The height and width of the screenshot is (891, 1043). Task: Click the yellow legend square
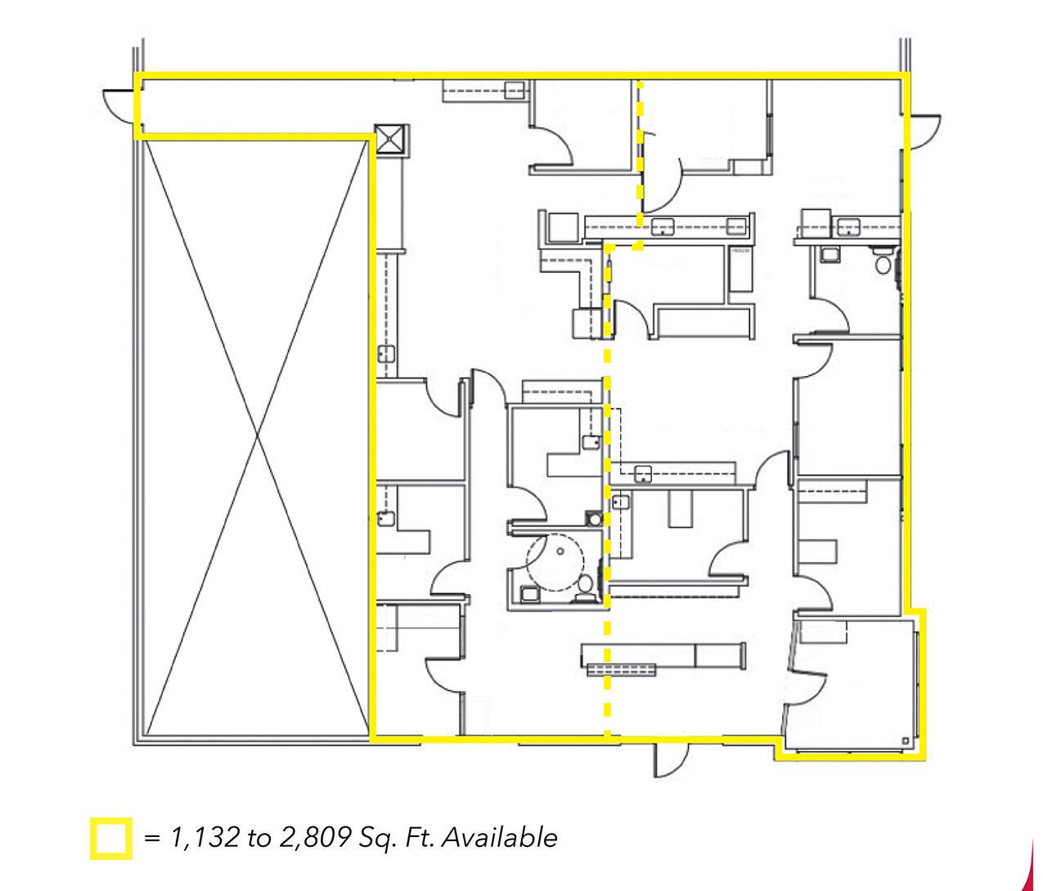coord(110,838)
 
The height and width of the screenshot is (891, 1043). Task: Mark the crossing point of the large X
coord(259,437)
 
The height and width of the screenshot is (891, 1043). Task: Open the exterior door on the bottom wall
coord(666,760)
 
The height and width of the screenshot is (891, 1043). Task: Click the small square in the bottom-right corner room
coord(906,741)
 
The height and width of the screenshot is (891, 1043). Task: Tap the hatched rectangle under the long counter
coord(622,670)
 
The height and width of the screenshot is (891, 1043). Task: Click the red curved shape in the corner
coord(1032,871)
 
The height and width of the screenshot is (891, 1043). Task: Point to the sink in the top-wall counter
coord(515,91)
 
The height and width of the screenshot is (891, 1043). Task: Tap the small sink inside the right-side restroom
coord(829,254)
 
